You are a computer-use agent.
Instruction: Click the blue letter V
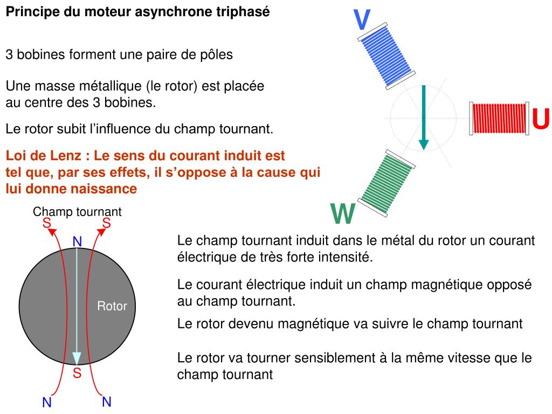click(x=362, y=20)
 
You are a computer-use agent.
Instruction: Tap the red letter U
click(x=541, y=119)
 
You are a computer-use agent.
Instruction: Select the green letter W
click(x=343, y=215)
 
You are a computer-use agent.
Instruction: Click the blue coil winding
click(x=387, y=56)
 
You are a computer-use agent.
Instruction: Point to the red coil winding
click(x=499, y=119)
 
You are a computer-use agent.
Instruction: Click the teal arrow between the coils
click(x=424, y=116)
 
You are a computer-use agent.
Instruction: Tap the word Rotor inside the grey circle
click(x=112, y=306)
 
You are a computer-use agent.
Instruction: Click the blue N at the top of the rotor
click(x=77, y=242)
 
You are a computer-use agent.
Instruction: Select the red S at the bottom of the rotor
click(x=77, y=373)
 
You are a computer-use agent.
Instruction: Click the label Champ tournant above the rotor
click(x=77, y=212)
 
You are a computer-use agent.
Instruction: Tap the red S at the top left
click(x=47, y=223)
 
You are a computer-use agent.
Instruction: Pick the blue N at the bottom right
click(x=106, y=402)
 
